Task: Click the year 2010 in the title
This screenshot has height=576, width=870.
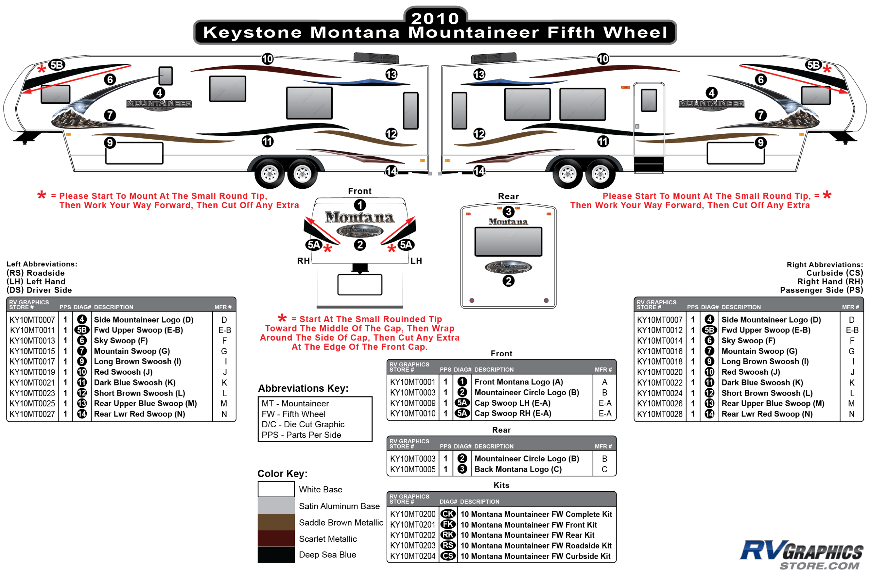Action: pyautogui.click(x=435, y=18)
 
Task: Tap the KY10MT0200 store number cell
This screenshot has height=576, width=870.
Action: pyautogui.click(x=413, y=514)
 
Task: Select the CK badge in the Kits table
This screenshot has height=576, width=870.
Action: pyautogui.click(x=448, y=514)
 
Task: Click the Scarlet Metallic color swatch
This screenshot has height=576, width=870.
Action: pyautogui.click(x=276, y=538)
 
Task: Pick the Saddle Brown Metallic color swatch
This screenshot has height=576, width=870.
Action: pyautogui.click(x=276, y=522)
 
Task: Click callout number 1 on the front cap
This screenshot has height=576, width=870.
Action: pyautogui.click(x=360, y=205)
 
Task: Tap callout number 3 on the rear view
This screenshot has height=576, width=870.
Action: pyautogui.click(x=508, y=212)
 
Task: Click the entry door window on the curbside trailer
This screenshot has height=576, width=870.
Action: pyautogui.click(x=649, y=100)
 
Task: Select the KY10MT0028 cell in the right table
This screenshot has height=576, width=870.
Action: pyautogui.click(x=660, y=414)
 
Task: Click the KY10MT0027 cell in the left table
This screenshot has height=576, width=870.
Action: pyautogui.click(x=32, y=414)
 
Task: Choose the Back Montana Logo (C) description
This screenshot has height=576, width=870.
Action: pyautogui.click(x=518, y=469)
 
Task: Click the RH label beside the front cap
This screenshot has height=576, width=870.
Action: pyautogui.click(x=303, y=261)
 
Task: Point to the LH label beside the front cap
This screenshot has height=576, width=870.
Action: pyautogui.click(x=416, y=261)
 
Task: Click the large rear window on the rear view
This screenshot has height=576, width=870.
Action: pyautogui.click(x=508, y=241)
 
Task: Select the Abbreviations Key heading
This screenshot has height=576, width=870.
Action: pyautogui.click(x=303, y=388)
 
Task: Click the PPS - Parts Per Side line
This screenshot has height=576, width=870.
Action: pyautogui.click(x=301, y=435)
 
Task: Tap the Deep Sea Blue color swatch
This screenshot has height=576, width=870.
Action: pyautogui.click(x=276, y=555)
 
